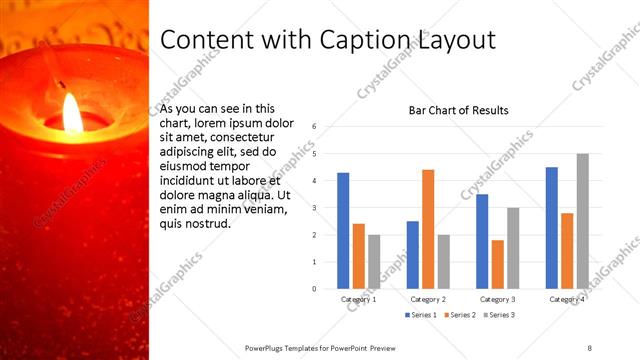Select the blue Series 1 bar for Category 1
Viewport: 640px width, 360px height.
tap(343, 231)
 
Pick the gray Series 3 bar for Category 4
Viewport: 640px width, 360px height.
tap(583, 221)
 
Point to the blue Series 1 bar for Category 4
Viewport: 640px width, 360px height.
tap(552, 228)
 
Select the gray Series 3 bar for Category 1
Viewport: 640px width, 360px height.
tap(374, 262)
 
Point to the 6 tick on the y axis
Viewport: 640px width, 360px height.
tap(314, 127)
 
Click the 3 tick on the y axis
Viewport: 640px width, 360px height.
tap(314, 208)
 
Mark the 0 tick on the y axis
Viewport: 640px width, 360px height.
tap(314, 289)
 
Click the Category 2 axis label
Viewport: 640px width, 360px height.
tap(428, 299)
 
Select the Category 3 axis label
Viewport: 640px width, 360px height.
tap(497, 299)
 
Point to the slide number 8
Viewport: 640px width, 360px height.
tap(589, 346)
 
